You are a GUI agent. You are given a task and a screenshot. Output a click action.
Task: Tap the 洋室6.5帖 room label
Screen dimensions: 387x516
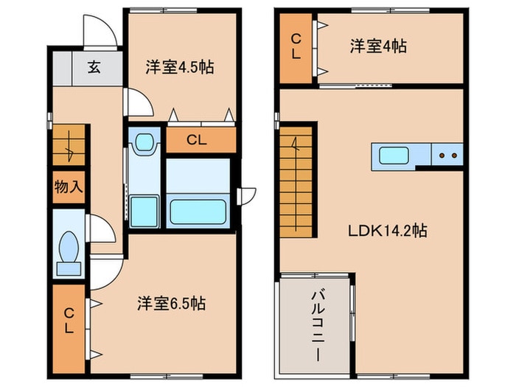[x=170, y=303]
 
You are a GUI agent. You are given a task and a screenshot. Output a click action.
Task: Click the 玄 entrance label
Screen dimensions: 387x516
[x=95, y=69]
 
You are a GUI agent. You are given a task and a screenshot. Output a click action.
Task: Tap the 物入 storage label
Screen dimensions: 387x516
[x=68, y=186]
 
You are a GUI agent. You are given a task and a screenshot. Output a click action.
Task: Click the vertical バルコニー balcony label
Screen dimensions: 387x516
[x=314, y=324]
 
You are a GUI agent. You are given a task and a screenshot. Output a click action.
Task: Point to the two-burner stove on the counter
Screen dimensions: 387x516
[x=448, y=156]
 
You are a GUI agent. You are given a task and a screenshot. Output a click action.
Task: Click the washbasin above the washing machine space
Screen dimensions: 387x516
[x=144, y=142]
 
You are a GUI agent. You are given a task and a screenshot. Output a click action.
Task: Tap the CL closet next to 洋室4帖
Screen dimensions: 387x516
[x=296, y=46]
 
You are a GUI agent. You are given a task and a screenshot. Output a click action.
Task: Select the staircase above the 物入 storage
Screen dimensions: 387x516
[x=69, y=144]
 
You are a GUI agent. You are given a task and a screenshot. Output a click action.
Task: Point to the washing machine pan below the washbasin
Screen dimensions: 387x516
[x=144, y=211]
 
